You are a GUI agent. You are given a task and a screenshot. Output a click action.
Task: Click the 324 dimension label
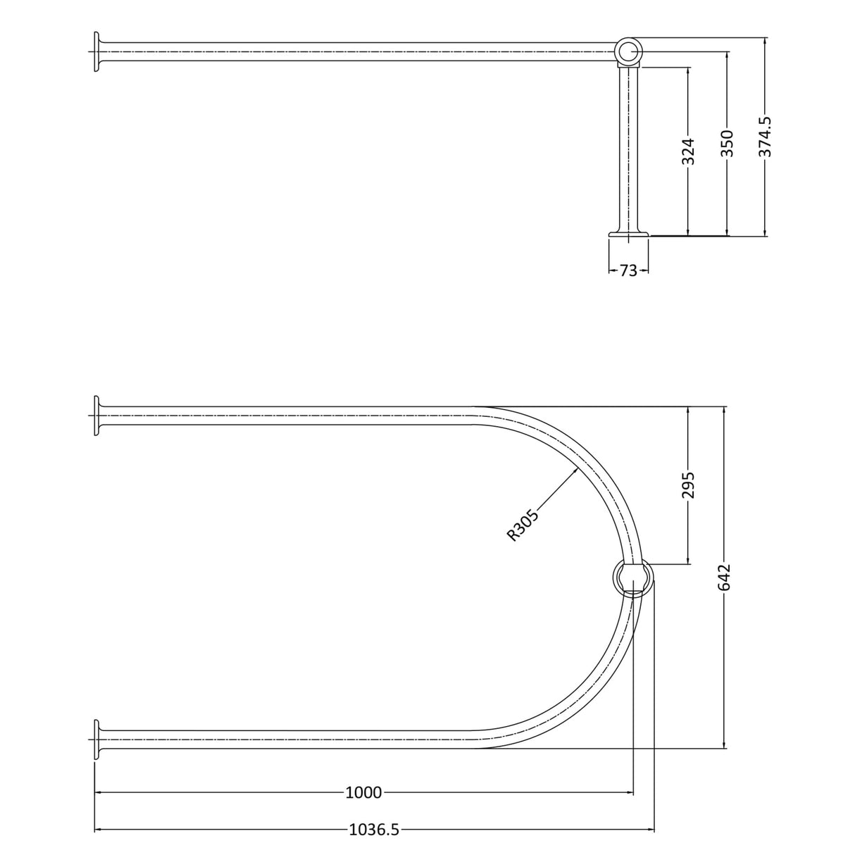[x=687, y=151]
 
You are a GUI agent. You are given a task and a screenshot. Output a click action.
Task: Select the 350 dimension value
[x=727, y=143]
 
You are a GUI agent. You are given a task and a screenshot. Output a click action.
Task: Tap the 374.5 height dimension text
[x=765, y=137]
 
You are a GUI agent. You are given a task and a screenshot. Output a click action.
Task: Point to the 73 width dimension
[x=628, y=270]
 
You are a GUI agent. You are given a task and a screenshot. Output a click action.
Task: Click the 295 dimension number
[x=687, y=485]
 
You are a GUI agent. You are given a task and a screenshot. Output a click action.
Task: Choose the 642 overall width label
[x=724, y=578]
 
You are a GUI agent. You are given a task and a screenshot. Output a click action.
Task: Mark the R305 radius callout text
[x=523, y=525]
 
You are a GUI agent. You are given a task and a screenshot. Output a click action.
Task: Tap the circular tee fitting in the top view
[x=629, y=51]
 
